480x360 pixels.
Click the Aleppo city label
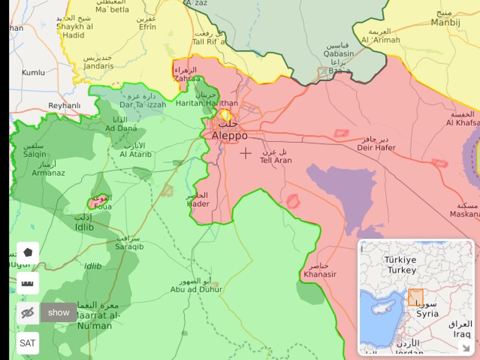(229, 136)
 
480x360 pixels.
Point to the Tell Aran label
(276, 160)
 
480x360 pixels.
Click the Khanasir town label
(320, 274)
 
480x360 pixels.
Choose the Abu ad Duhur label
(196, 289)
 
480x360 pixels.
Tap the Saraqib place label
(130, 246)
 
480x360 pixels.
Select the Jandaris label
(98, 66)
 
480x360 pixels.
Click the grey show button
(59, 313)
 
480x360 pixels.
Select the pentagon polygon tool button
(28, 253)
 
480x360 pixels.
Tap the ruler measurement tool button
(28, 283)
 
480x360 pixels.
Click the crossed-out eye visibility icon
(28, 313)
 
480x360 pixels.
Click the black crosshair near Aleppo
(245, 154)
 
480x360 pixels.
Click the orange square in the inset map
(416, 298)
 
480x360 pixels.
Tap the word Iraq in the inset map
(462, 334)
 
